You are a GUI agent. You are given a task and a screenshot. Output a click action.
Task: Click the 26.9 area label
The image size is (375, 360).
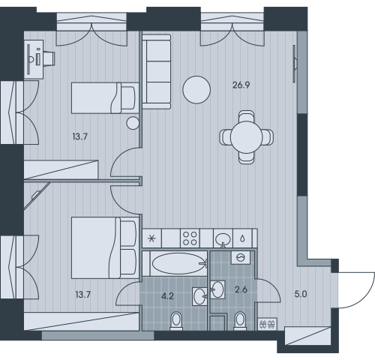[241, 85]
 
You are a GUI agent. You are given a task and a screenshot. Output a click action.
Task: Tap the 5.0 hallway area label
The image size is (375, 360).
[301, 294]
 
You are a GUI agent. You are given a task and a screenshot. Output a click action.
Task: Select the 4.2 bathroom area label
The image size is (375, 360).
[167, 296]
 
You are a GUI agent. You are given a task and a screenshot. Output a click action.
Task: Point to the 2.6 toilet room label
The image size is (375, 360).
[241, 289]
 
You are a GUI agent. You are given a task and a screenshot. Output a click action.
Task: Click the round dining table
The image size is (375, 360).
[246, 137]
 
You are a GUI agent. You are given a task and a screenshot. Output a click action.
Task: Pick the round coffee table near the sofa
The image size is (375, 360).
[196, 90]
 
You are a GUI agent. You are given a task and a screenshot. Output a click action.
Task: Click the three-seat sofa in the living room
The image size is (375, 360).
[157, 72]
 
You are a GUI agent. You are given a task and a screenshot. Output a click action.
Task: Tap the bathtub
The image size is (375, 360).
[178, 263]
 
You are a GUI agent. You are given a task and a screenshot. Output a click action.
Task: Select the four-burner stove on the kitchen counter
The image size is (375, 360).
[190, 238]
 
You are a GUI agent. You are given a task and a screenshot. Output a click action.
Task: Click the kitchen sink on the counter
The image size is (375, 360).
[223, 238]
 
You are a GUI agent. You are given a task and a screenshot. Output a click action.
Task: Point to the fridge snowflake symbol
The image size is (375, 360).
[151, 238]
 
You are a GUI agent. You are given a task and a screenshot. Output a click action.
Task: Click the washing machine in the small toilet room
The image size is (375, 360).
[241, 257]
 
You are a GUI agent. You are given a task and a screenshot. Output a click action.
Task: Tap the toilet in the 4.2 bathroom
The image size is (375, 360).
[176, 321]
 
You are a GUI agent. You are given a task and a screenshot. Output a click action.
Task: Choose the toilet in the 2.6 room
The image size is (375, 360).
[241, 321]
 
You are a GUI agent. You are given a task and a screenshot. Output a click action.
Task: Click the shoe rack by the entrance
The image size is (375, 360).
[267, 324]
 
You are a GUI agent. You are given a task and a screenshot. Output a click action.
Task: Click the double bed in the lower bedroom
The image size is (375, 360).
[105, 247]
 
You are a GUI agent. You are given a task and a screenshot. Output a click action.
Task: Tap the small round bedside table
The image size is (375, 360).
[133, 123]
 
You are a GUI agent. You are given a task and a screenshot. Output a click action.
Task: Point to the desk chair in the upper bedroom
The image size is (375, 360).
[49, 58]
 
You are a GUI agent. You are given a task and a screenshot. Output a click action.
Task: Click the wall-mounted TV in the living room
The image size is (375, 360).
[295, 64]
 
